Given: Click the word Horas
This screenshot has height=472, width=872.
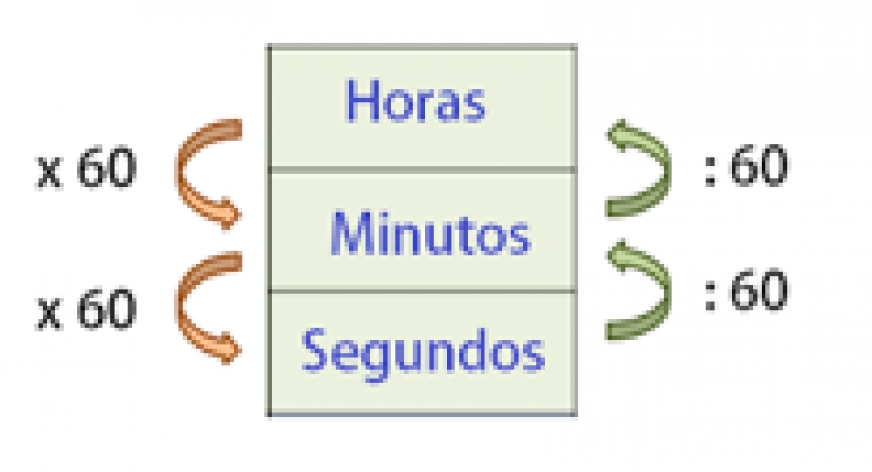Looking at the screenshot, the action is [416, 101].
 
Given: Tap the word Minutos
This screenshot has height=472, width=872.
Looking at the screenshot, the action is [431, 234].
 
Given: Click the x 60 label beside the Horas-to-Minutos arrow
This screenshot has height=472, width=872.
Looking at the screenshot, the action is [85, 168].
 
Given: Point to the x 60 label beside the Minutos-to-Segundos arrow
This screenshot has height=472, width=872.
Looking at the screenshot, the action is [85, 309].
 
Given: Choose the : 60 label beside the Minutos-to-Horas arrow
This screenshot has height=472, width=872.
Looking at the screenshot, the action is [746, 166].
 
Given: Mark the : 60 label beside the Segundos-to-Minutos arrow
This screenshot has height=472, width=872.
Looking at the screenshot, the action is [746, 290].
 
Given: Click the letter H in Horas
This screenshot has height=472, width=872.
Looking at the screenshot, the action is [362, 101].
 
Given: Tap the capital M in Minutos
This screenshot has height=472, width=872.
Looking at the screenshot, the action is [353, 234].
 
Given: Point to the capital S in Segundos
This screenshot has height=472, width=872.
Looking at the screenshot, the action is [314, 349].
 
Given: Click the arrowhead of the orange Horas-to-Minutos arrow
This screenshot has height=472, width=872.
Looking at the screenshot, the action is [229, 213].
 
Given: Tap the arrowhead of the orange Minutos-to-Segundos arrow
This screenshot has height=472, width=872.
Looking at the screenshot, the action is [229, 349].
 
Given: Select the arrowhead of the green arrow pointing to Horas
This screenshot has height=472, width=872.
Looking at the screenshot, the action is [620, 134].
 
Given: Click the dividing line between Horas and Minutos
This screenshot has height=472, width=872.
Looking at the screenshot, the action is [422, 170].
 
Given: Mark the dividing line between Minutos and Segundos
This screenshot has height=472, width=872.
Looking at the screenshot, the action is [422, 290].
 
